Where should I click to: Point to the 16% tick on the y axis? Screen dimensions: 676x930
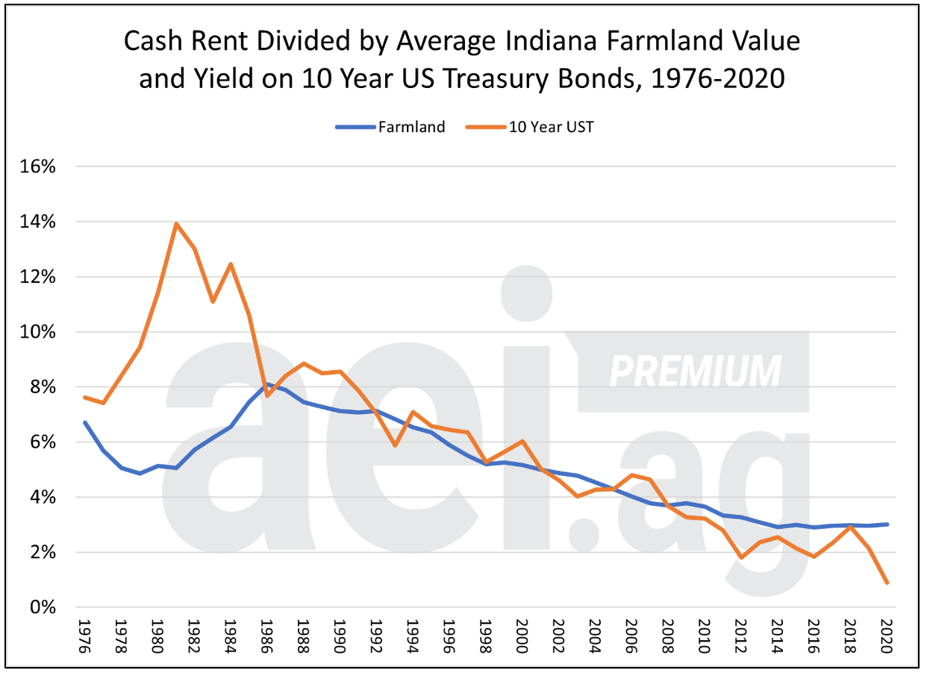coord(37,167)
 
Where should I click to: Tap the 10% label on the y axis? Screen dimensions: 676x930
coord(37,332)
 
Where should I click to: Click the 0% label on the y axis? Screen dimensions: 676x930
coord(41,607)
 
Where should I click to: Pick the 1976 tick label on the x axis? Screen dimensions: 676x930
coord(84,634)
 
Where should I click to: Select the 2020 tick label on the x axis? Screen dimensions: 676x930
coord(887,634)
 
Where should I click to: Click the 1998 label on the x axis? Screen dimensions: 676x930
coord(485,634)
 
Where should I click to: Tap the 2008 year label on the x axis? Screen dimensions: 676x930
coord(668,634)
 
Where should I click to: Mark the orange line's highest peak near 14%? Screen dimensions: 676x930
coord(176,223)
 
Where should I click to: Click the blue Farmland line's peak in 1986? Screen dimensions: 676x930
coord(267,384)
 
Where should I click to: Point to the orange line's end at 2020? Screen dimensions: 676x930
coord(887,583)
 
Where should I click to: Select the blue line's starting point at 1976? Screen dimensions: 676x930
coord(84,422)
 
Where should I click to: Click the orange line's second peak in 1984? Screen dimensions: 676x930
coord(231,264)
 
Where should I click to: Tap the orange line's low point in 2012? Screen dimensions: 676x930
coord(740,557)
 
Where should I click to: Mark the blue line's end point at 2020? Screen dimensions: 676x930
coord(887,525)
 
